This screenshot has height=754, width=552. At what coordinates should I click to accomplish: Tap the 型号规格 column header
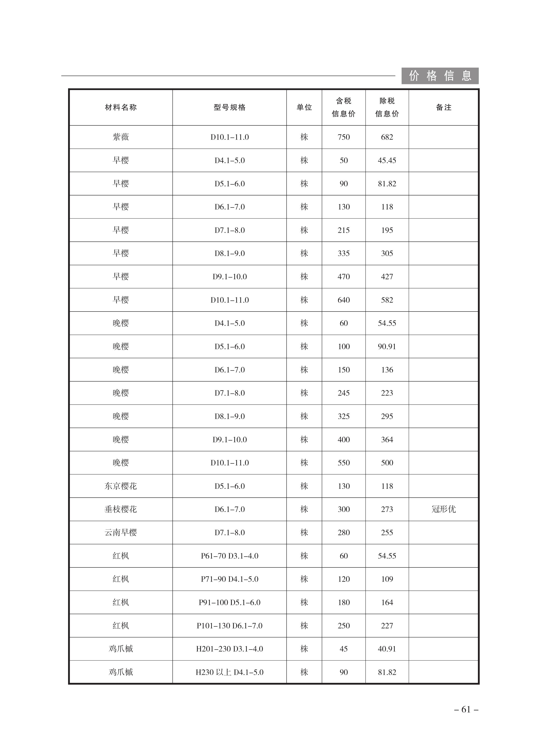pyautogui.click(x=230, y=107)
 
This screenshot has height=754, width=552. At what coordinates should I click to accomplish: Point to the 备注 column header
pyautogui.click(x=443, y=107)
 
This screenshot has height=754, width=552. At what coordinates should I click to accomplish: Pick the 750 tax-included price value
pyautogui.click(x=344, y=137)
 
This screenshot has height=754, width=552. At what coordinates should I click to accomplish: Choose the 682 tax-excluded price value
pyautogui.click(x=387, y=137)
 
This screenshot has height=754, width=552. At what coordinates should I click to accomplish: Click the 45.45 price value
pyautogui.click(x=387, y=160)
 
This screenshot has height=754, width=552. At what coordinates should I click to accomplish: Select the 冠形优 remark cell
pyautogui.click(x=443, y=509)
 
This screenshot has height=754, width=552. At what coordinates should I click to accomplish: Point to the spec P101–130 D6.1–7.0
pyautogui.click(x=230, y=625)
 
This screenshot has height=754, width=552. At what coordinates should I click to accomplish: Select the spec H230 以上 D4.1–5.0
pyautogui.click(x=230, y=672)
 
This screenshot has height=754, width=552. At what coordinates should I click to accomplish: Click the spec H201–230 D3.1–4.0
pyautogui.click(x=230, y=649)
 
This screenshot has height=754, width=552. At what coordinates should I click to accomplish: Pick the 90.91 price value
pyautogui.click(x=387, y=346)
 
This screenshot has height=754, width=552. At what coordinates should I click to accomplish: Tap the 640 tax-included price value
pyautogui.click(x=344, y=300)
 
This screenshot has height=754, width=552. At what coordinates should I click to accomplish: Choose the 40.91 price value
pyautogui.click(x=387, y=649)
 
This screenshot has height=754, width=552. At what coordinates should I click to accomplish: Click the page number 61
pyautogui.click(x=466, y=709)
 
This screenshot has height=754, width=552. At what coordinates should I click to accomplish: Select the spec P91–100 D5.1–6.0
pyautogui.click(x=230, y=602)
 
